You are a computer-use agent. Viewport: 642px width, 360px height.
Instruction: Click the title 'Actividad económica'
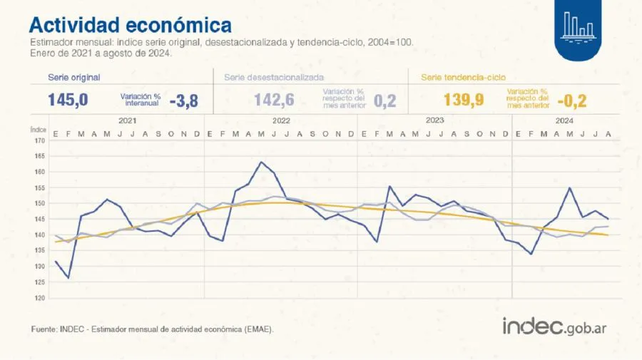[130, 25]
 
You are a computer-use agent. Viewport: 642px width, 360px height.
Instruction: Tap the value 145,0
[68, 100]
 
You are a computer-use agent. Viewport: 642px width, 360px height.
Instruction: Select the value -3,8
[183, 101]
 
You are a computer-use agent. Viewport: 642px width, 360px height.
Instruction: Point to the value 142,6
[275, 100]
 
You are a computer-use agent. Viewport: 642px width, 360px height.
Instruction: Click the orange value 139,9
[464, 100]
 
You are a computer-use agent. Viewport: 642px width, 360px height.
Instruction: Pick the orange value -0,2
[571, 101]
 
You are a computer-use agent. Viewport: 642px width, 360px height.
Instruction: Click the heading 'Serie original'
[74, 76]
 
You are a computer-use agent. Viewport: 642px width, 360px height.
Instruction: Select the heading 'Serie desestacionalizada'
[274, 76]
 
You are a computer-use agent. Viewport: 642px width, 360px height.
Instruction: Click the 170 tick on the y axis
[39, 140]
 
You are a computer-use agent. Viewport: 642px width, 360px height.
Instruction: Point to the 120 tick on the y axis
[39, 298]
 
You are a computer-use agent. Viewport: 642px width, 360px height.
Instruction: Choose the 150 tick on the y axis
[39, 203]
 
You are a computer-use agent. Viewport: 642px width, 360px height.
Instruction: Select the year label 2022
[281, 120]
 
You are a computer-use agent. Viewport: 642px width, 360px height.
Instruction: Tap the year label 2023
[435, 120]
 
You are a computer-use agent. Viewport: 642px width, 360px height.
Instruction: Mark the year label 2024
[564, 120]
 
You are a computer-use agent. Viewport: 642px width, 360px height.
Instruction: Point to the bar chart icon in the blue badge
[578, 25]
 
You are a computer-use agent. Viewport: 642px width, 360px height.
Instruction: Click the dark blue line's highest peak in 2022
[261, 162]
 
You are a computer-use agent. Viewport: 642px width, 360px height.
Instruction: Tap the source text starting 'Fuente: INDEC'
[152, 329]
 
